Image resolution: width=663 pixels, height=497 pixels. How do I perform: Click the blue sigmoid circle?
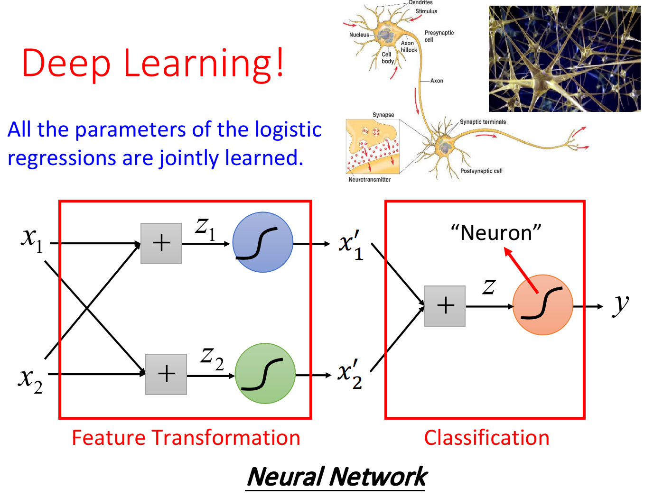262,242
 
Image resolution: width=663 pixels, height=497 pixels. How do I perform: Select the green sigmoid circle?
265,373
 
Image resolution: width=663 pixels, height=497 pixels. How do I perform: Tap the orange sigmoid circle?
542,305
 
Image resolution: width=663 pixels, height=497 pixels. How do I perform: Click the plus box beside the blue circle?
161,243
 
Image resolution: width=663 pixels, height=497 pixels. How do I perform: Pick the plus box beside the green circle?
166,374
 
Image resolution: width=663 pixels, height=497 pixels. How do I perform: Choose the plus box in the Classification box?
445,306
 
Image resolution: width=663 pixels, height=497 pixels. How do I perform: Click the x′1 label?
352,243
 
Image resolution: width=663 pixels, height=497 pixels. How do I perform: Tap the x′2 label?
351,372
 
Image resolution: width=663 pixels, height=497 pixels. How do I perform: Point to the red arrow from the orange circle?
520,269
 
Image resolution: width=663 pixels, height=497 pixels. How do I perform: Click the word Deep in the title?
66,64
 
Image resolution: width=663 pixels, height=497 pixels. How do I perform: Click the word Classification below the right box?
486,438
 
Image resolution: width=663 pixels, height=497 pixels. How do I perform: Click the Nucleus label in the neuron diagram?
359,35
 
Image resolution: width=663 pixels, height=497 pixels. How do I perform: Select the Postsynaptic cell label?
481,171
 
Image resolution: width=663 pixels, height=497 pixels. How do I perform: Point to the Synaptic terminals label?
483,122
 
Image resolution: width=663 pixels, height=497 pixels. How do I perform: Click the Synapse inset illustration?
373,147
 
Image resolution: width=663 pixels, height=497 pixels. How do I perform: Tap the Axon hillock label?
409,46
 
